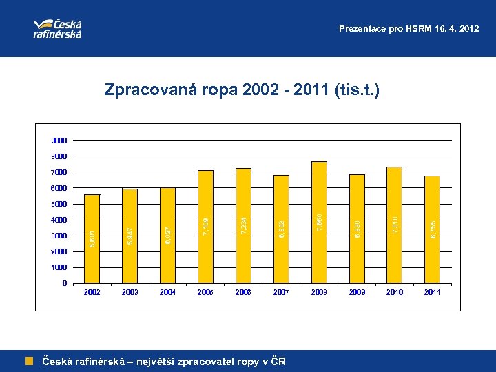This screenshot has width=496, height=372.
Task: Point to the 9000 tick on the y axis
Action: pos(59,140)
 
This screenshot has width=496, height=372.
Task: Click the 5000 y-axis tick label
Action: pos(59,204)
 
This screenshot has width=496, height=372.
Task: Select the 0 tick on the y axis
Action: pos(64,283)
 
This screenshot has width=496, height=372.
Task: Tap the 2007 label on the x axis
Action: pos(281,293)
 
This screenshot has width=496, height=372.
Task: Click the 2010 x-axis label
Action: pos(395,293)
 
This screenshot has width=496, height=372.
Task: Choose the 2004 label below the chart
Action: pos(167,293)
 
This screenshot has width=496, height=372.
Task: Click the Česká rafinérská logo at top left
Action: pos(58,28)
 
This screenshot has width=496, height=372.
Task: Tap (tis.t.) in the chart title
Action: pos(355,90)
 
